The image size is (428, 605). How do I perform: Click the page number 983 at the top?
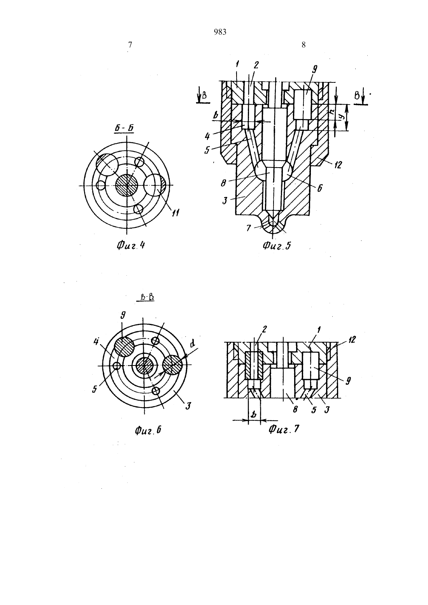[x=220, y=32]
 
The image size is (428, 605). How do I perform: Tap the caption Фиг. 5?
[x=277, y=245]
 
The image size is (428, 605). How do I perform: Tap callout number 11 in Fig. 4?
[x=175, y=213]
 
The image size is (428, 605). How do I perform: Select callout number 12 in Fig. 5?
[x=337, y=164]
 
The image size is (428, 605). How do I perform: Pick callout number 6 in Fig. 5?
[x=320, y=188]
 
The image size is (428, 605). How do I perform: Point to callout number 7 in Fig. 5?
[x=249, y=228]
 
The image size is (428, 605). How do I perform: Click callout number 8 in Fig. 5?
[x=223, y=184]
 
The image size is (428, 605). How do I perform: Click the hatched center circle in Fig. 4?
[x=127, y=185]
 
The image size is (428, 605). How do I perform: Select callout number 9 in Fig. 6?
[x=123, y=315]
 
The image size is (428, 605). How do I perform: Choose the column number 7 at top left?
[x=130, y=45]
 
